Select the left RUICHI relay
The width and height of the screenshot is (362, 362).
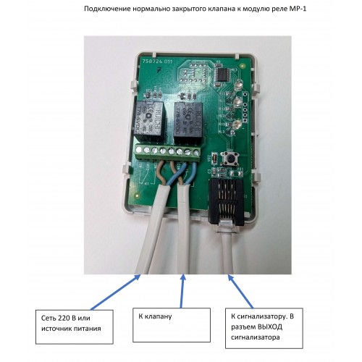pyautogui.click(x=148, y=122)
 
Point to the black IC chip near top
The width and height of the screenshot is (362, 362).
pyautogui.click(x=223, y=75)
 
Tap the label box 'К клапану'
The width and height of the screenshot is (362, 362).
pyautogui.click(x=172, y=325)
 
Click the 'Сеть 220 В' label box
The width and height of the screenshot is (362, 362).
pyautogui.click(x=75, y=327)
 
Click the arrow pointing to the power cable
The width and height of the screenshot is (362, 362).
pyautogui.click(x=115, y=292)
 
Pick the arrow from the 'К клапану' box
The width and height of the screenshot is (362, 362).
pyautogui.click(x=182, y=291)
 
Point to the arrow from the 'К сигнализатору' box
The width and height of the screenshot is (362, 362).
pyautogui.click(x=240, y=292)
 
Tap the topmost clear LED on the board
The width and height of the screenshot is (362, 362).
pyautogui.click(x=238, y=85)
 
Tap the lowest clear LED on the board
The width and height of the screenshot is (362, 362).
pyautogui.click(x=237, y=124)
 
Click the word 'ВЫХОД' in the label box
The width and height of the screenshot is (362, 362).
pyautogui.click(x=269, y=327)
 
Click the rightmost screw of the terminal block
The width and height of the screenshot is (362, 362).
pyautogui.click(x=196, y=152)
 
